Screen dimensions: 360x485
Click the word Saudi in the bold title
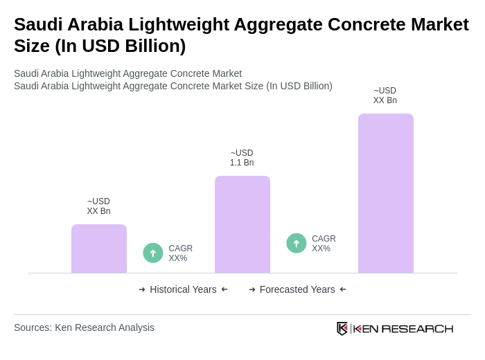coord(38,24)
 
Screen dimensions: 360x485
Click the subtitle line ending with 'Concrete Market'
coord(127,73)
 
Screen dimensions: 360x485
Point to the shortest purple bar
coord(99,249)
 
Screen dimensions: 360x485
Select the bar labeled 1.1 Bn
coord(242,224)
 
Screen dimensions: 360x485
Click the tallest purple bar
coord(386,193)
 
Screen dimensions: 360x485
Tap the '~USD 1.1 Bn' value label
coord(242,158)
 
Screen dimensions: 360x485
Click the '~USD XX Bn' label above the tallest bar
coord(385,96)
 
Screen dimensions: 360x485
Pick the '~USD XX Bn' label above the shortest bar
coord(98,206)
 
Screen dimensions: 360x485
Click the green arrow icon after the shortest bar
coord(153,253)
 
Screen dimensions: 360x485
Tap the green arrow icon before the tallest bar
coord(297,243)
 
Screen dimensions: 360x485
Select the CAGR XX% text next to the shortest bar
coord(180,253)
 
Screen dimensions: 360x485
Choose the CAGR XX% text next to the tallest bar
coord(324,244)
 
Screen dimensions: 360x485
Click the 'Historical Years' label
coord(183,289)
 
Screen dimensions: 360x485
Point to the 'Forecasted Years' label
coord(297,289)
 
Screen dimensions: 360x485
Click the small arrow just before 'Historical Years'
coord(142,289)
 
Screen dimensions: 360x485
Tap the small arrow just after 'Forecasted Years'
coord(343,289)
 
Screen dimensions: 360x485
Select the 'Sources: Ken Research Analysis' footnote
coord(84,327)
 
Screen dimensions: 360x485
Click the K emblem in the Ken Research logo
coord(342,328)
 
